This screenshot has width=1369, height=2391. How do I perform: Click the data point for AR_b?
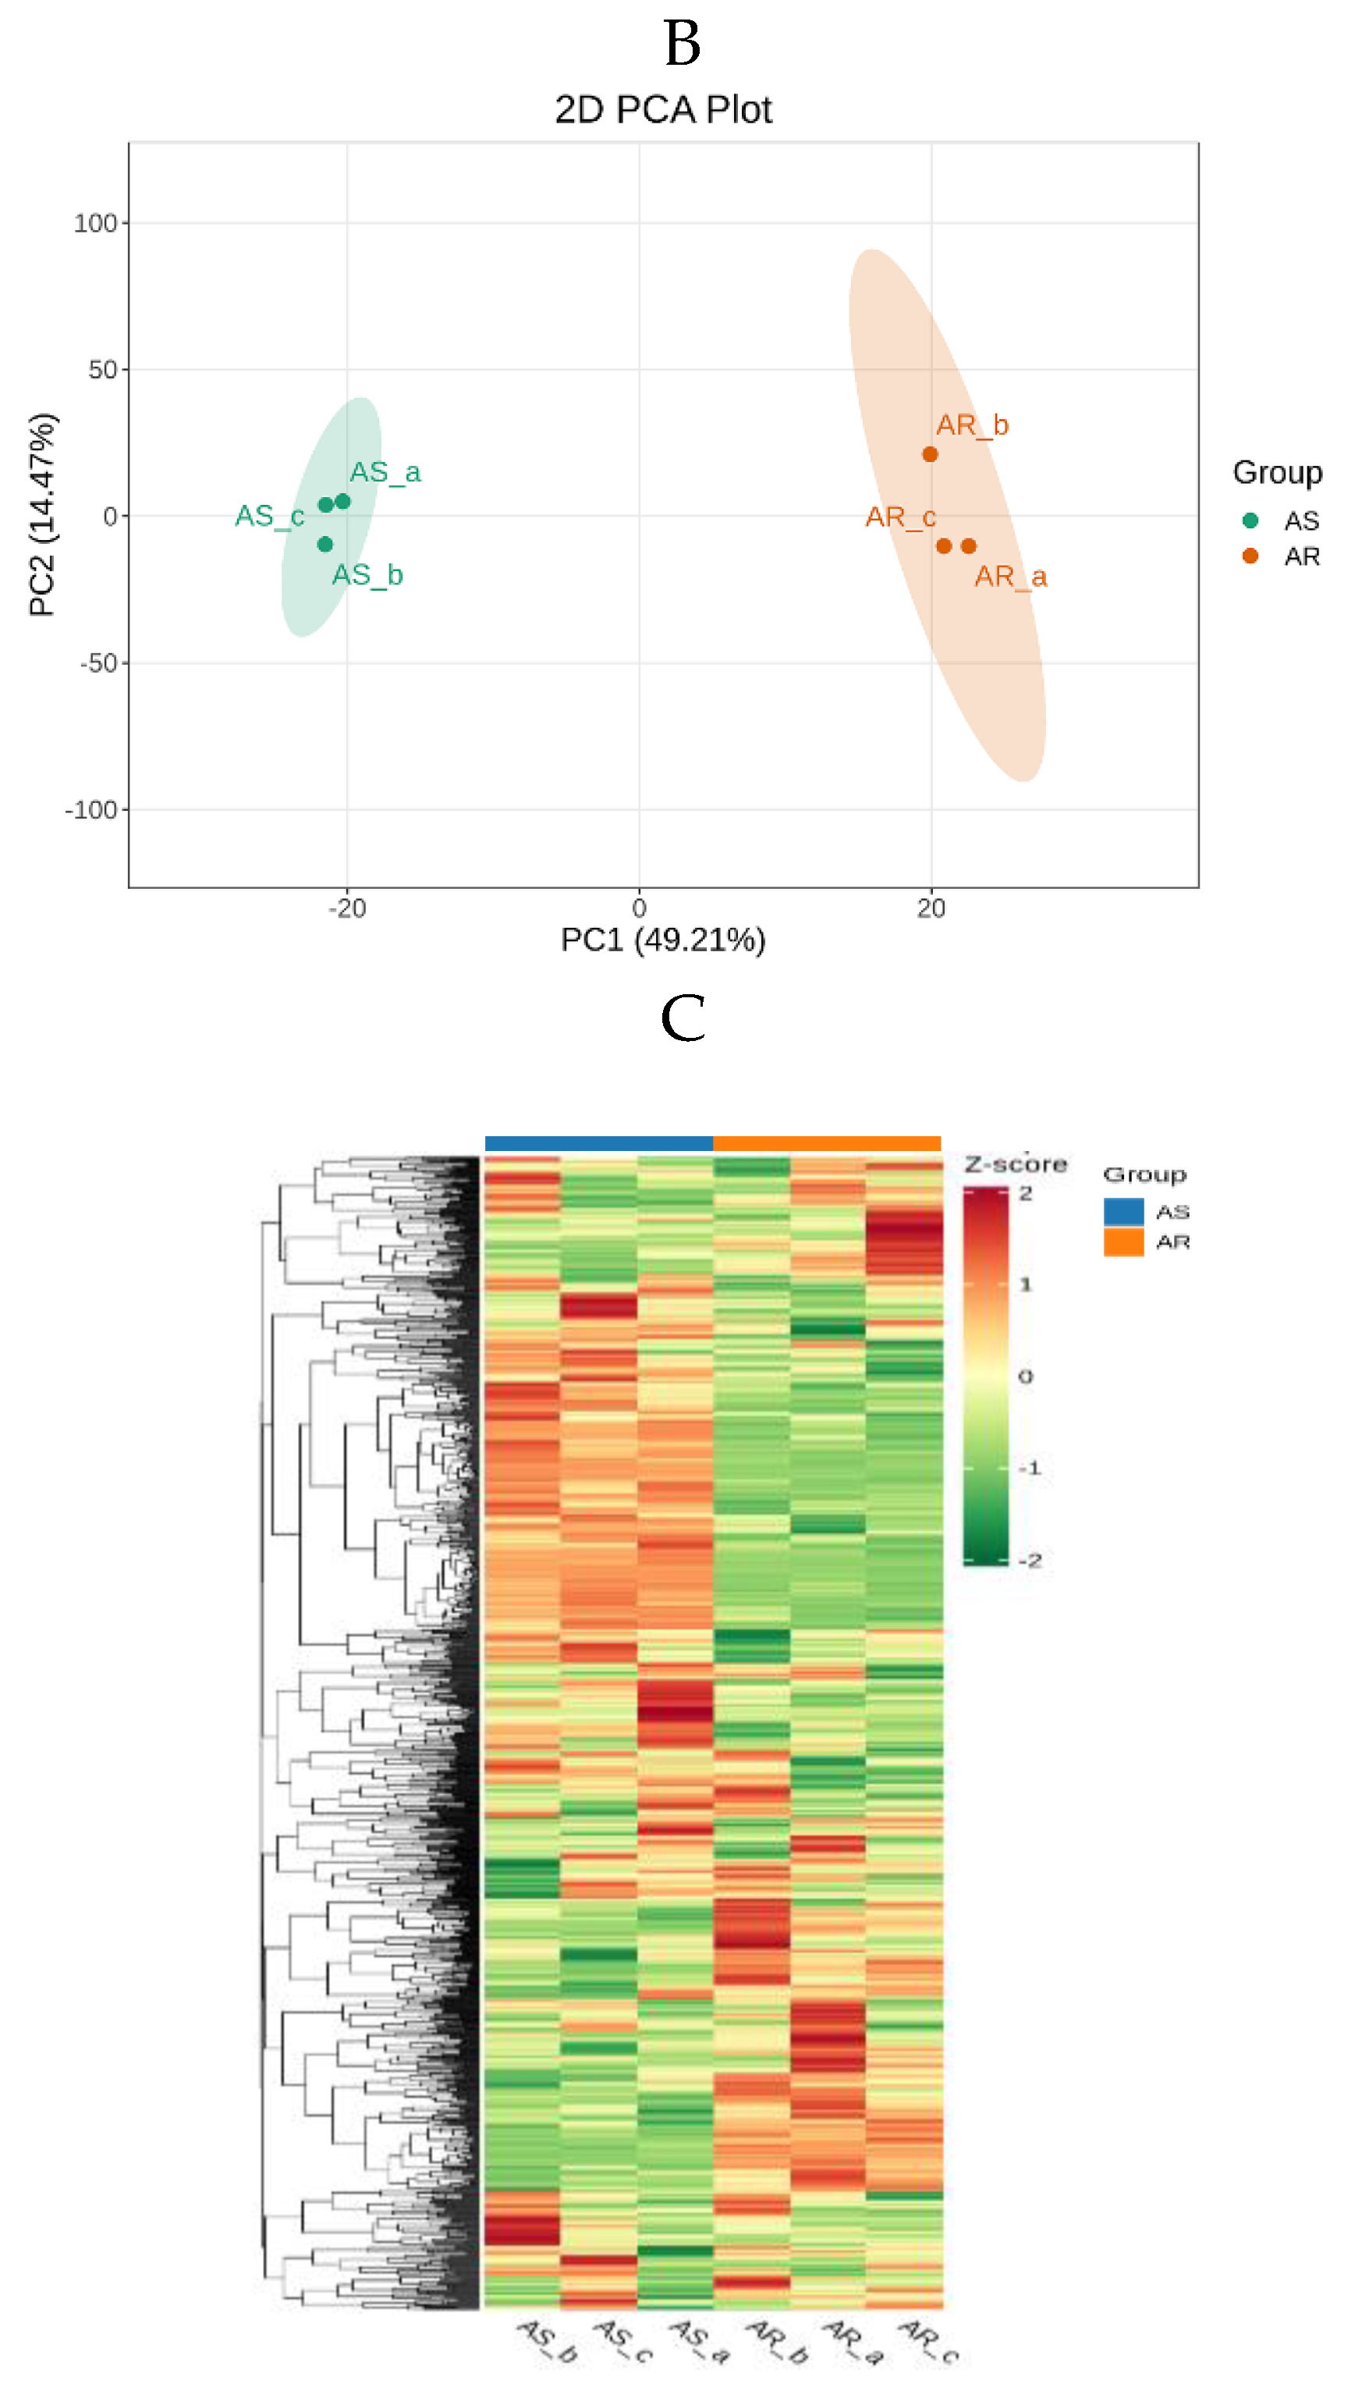(930, 454)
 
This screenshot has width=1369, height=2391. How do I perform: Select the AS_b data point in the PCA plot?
(325, 544)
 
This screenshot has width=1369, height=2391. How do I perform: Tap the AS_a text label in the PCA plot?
(385, 472)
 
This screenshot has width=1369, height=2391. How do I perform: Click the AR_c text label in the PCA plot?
(900, 517)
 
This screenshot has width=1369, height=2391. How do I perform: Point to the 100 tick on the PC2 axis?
(95, 224)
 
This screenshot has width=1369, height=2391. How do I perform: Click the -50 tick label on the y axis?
(98, 663)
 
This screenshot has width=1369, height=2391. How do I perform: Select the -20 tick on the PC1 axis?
(347, 908)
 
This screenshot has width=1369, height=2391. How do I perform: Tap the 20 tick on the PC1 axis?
(931, 908)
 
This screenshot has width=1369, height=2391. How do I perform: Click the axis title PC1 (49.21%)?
(663, 940)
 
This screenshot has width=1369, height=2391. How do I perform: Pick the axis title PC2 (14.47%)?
(42, 514)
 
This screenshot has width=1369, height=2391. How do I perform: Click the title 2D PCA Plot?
(663, 110)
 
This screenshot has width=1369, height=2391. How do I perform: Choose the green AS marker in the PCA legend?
(1250, 520)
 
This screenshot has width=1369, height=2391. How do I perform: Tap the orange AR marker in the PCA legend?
(1250, 556)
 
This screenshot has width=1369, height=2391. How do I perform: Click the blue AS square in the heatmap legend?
(1123, 1210)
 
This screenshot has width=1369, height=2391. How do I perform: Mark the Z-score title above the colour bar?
(1016, 1164)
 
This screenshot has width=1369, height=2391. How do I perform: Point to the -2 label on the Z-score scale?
(1030, 1561)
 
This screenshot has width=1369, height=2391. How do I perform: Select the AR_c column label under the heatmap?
(930, 2342)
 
